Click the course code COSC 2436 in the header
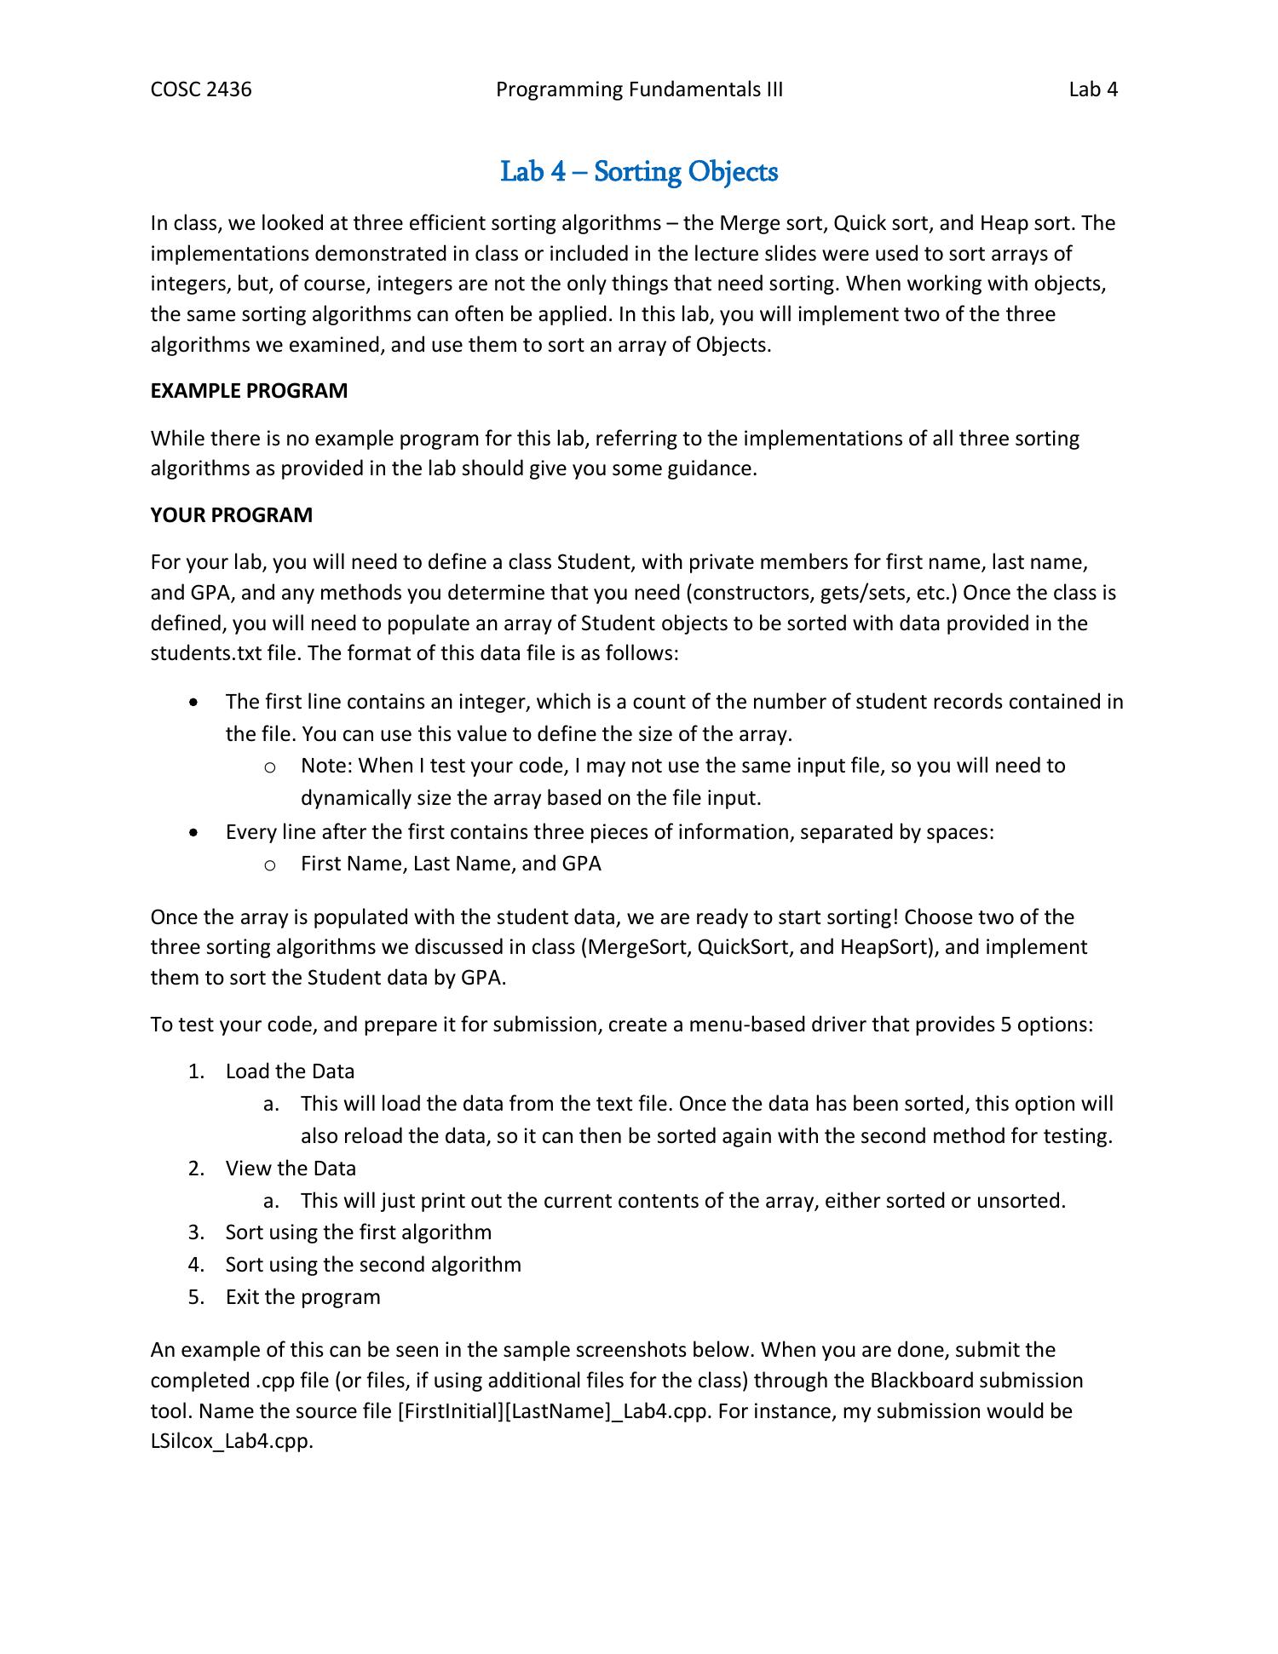[x=201, y=89]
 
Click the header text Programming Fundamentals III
[x=639, y=89]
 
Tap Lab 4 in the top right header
[x=1093, y=89]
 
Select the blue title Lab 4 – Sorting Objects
[x=639, y=172]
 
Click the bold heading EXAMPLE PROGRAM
[x=249, y=391]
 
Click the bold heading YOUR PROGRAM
[x=232, y=515]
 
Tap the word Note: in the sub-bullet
[x=326, y=766]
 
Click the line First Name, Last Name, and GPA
[x=451, y=864]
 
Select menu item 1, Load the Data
[x=290, y=1071]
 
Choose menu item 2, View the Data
[x=291, y=1169]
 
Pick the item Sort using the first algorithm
[x=358, y=1232]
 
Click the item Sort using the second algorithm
[x=373, y=1265]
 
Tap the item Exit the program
[x=302, y=1297]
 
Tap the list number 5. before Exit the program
[x=197, y=1297]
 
